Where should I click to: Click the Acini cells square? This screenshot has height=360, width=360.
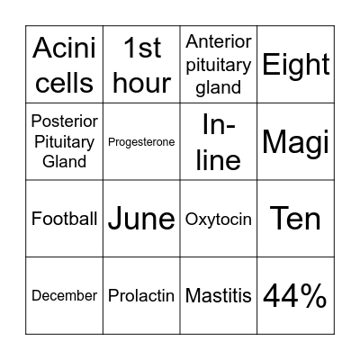point(64,64)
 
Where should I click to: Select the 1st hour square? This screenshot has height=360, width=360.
point(141,64)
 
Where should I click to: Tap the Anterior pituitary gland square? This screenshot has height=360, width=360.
point(219,64)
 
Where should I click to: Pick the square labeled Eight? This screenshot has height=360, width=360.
point(296,64)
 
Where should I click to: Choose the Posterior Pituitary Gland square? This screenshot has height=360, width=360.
point(64,141)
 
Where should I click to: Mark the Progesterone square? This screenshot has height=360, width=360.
point(141,141)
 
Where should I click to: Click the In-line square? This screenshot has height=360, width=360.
point(219,141)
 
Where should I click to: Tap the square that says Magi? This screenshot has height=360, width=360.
point(296,141)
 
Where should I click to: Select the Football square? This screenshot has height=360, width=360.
point(64,219)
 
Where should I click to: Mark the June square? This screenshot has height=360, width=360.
point(141,219)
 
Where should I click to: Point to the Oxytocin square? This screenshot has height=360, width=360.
point(219,219)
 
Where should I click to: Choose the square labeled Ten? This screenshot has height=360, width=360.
point(296,219)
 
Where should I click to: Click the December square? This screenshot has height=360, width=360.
point(64,295)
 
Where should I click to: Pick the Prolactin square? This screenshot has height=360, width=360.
point(141,295)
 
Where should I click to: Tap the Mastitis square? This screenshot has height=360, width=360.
point(219,295)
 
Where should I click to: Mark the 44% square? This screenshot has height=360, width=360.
point(296,295)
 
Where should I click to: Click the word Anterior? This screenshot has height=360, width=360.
point(219,41)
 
